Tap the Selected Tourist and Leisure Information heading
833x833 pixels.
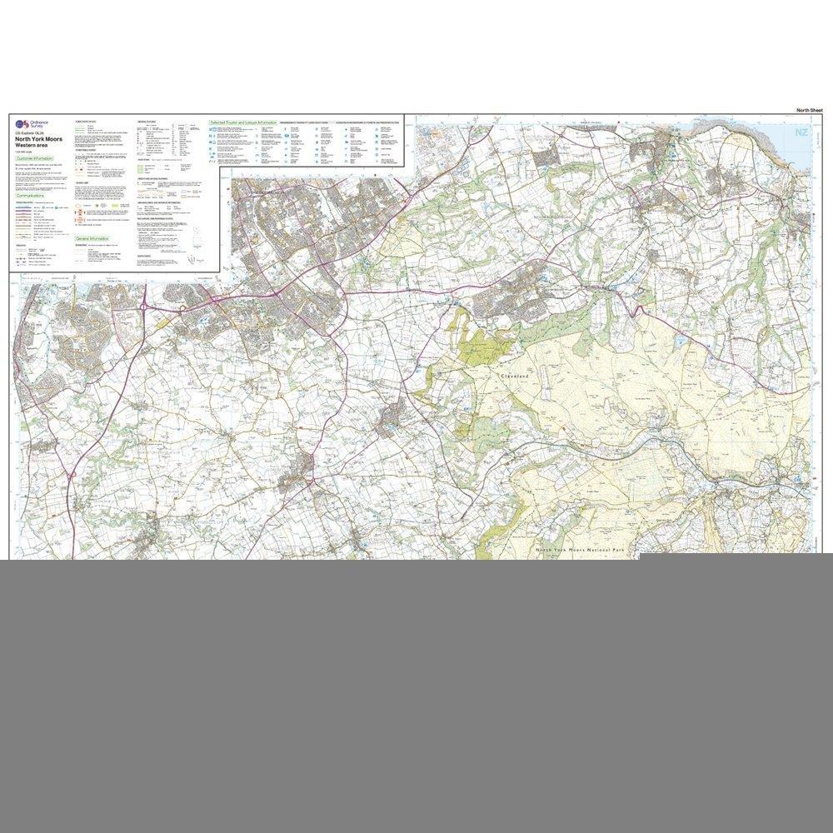click(243, 122)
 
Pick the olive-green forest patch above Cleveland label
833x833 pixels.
click(479, 342)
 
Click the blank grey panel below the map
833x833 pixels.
click(416, 691)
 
